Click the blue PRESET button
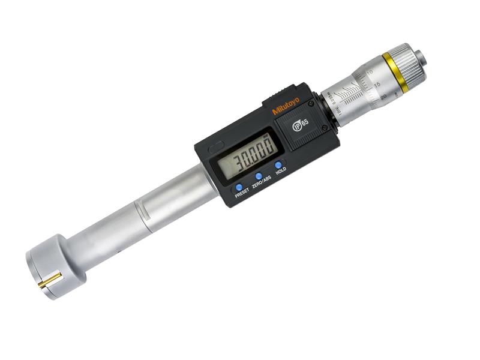pyautogui.click(x=239, y=187)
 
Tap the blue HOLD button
pyautogui.click(x=278, y=165)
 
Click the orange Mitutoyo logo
pyautogui.click(x=287, y=106)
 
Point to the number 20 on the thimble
pyautogui.click(x=382, y=94)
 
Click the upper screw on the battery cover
pyautogui.click(x=310, y=103)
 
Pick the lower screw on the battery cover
pyautogui.click(x=325, y=128)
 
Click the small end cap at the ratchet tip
pyautogui.click(x=421, y=58)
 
